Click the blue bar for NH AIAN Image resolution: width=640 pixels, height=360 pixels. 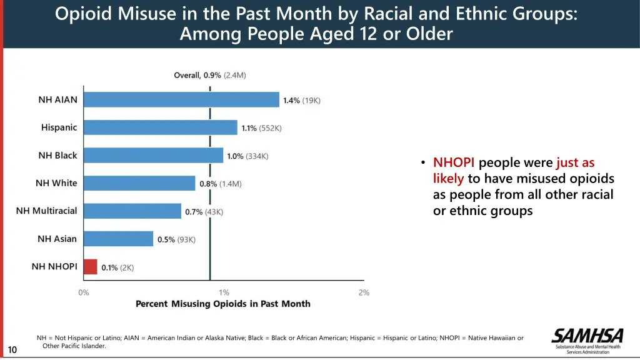click(181, 100)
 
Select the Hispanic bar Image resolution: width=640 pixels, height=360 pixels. click(161, 127)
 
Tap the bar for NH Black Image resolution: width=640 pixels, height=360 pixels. click(153, 156)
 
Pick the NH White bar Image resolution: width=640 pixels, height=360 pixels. click(139, 183)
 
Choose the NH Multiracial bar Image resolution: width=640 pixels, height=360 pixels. click(132, 211)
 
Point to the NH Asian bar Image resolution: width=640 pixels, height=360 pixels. click(118, 239)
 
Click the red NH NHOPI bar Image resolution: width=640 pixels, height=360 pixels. click(91, 267)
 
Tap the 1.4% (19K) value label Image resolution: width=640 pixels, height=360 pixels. click(301, 101)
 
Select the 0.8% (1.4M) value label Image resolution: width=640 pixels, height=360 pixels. click(220, 184)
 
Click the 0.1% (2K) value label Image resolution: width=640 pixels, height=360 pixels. click(117, 267)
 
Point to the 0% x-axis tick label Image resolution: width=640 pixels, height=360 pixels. click(84, 292)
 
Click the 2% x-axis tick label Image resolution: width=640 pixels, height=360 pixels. click(364, 292)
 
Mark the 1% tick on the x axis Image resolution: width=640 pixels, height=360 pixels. click(224, 292)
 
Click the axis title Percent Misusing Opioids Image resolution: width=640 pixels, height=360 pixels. click(223, 304)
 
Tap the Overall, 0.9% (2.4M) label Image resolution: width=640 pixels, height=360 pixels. click(210, 76)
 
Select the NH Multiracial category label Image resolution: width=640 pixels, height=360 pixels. click(47, 211)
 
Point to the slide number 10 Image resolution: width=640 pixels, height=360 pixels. click(12, 350)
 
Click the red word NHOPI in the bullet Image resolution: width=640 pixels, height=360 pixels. click(454, 163)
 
